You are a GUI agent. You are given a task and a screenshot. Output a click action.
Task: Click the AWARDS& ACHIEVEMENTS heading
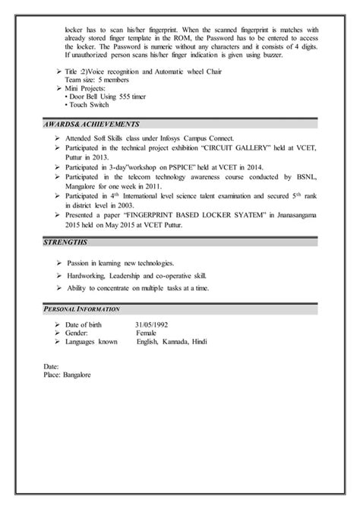click(86, 124)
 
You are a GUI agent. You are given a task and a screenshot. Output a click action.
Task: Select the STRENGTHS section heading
click(67, 242)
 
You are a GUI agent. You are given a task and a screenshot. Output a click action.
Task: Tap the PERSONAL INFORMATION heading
click(81, 309)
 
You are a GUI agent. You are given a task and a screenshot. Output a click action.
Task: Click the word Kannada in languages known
click(177, 342)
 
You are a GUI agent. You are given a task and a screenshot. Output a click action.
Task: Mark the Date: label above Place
click(52, 366)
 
